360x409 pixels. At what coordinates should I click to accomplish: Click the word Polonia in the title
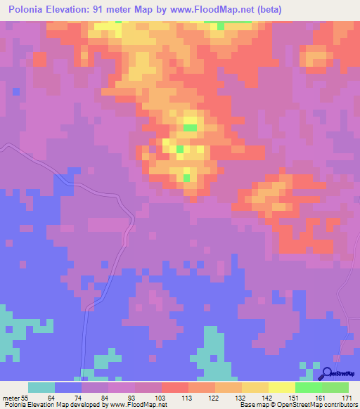pos(30,10)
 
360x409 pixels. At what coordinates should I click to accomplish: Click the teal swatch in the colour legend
pos(41,387)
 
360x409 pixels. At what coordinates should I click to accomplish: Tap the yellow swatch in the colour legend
pos(281,387)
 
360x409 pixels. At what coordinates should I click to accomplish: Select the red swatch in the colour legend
pos(174,387)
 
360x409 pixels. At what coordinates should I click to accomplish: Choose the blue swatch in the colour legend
pos(68,387)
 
